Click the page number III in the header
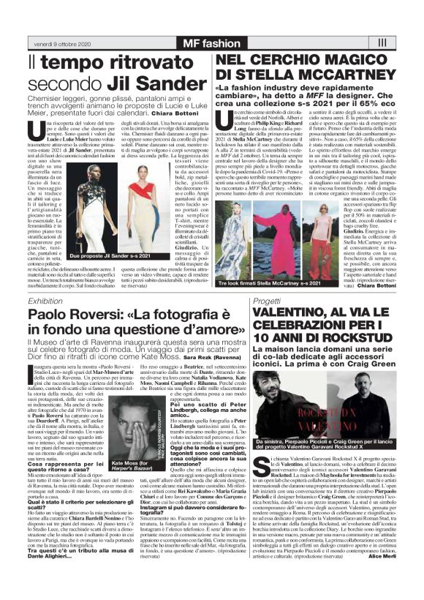point(382,43)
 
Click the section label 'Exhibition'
point(45,301)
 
